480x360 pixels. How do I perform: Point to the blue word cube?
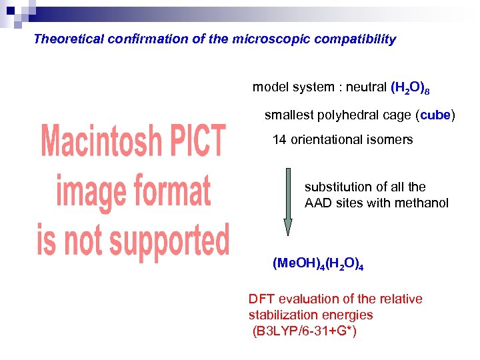click(435, 115)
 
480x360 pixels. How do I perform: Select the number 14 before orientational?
click(279, 140)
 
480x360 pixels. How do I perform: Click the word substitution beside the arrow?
click(337, 187)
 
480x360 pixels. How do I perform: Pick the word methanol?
click(422, 203)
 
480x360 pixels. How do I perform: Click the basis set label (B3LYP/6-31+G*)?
click(304, 331)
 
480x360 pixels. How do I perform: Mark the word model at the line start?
click(268, 87)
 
